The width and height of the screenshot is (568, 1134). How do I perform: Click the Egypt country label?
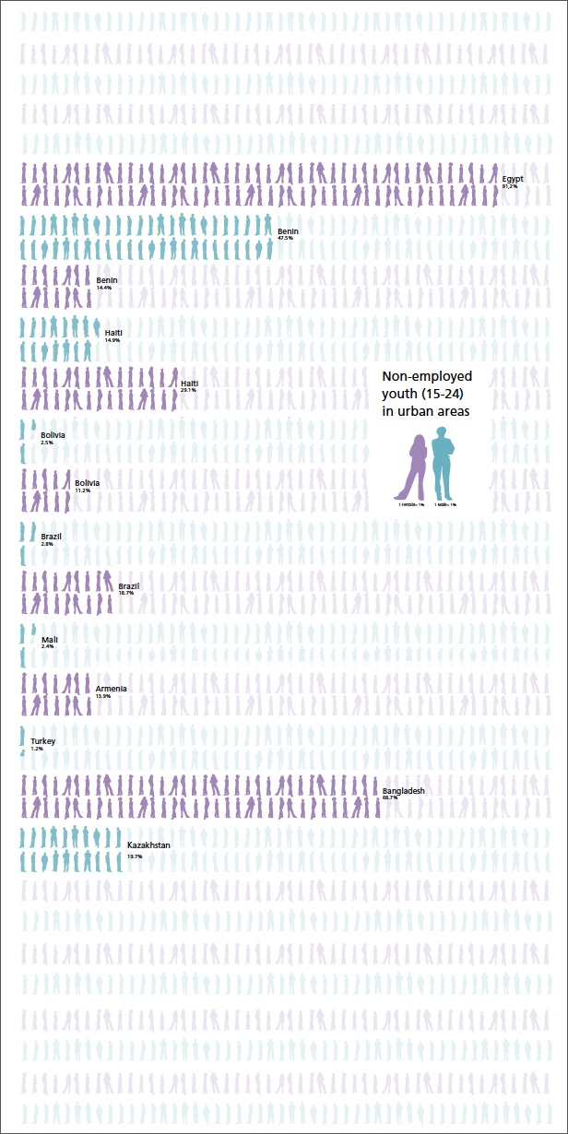pyautogui.click(x=513, y=178)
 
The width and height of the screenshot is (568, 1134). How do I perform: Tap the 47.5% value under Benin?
pyautogui.click(x=285, y=238)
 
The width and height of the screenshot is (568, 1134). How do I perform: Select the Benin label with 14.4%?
pyautogui.click(x=107, y=280)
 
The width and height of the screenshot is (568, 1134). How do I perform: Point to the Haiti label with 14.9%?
pyautogui.click(x=113, y=332)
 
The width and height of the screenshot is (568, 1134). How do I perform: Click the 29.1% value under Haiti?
pyautogui.click(x=188, y=390)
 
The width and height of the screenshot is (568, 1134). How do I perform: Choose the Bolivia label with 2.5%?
pyautogui.click(x=53, y=434)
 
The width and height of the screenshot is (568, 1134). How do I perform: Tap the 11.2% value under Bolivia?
pyautogui.click(x=82, y=490)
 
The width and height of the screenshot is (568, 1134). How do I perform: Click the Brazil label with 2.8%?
pyautogui.click(x=52, y=536)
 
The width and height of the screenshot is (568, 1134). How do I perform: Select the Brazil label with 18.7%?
pyautogui.click(x=129, y=586)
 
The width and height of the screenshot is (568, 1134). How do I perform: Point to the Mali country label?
pyautogui.click(x=49, y=639)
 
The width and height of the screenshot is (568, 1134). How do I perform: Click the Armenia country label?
pyautogui.click(x=112, y=689)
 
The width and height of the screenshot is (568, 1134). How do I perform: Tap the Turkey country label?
pyautogui.click(x=43, y=741)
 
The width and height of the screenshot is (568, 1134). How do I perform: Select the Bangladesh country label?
pyautogui.click(x=403, y=791)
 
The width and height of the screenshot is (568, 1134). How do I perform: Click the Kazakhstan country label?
pyautogui.click(x=148, y=845)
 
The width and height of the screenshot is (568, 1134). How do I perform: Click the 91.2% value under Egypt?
pyautogui.click(x=510, y=186)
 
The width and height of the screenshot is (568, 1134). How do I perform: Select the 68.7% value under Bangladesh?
pyautogui.click(x=390, y=797)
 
